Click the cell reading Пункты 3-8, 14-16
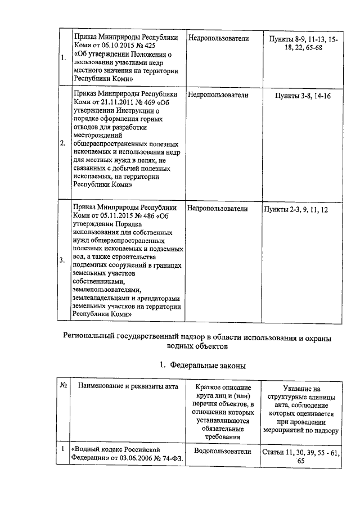click(x=303, y=96)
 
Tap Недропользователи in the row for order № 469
click(x=218, y=95)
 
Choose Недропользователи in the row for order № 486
click(x=218, y=209)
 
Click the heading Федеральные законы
click(x=208, y=366)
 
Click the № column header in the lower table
click(x=64, y=386)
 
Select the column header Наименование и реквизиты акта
click(x=129, y=386)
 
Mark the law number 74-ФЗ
click(x=175, y=459)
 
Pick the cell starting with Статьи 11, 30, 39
click(x=301, y=456)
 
